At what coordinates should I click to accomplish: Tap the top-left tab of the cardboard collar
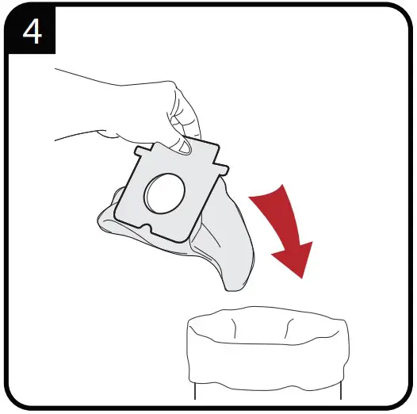tap(142, 150)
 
